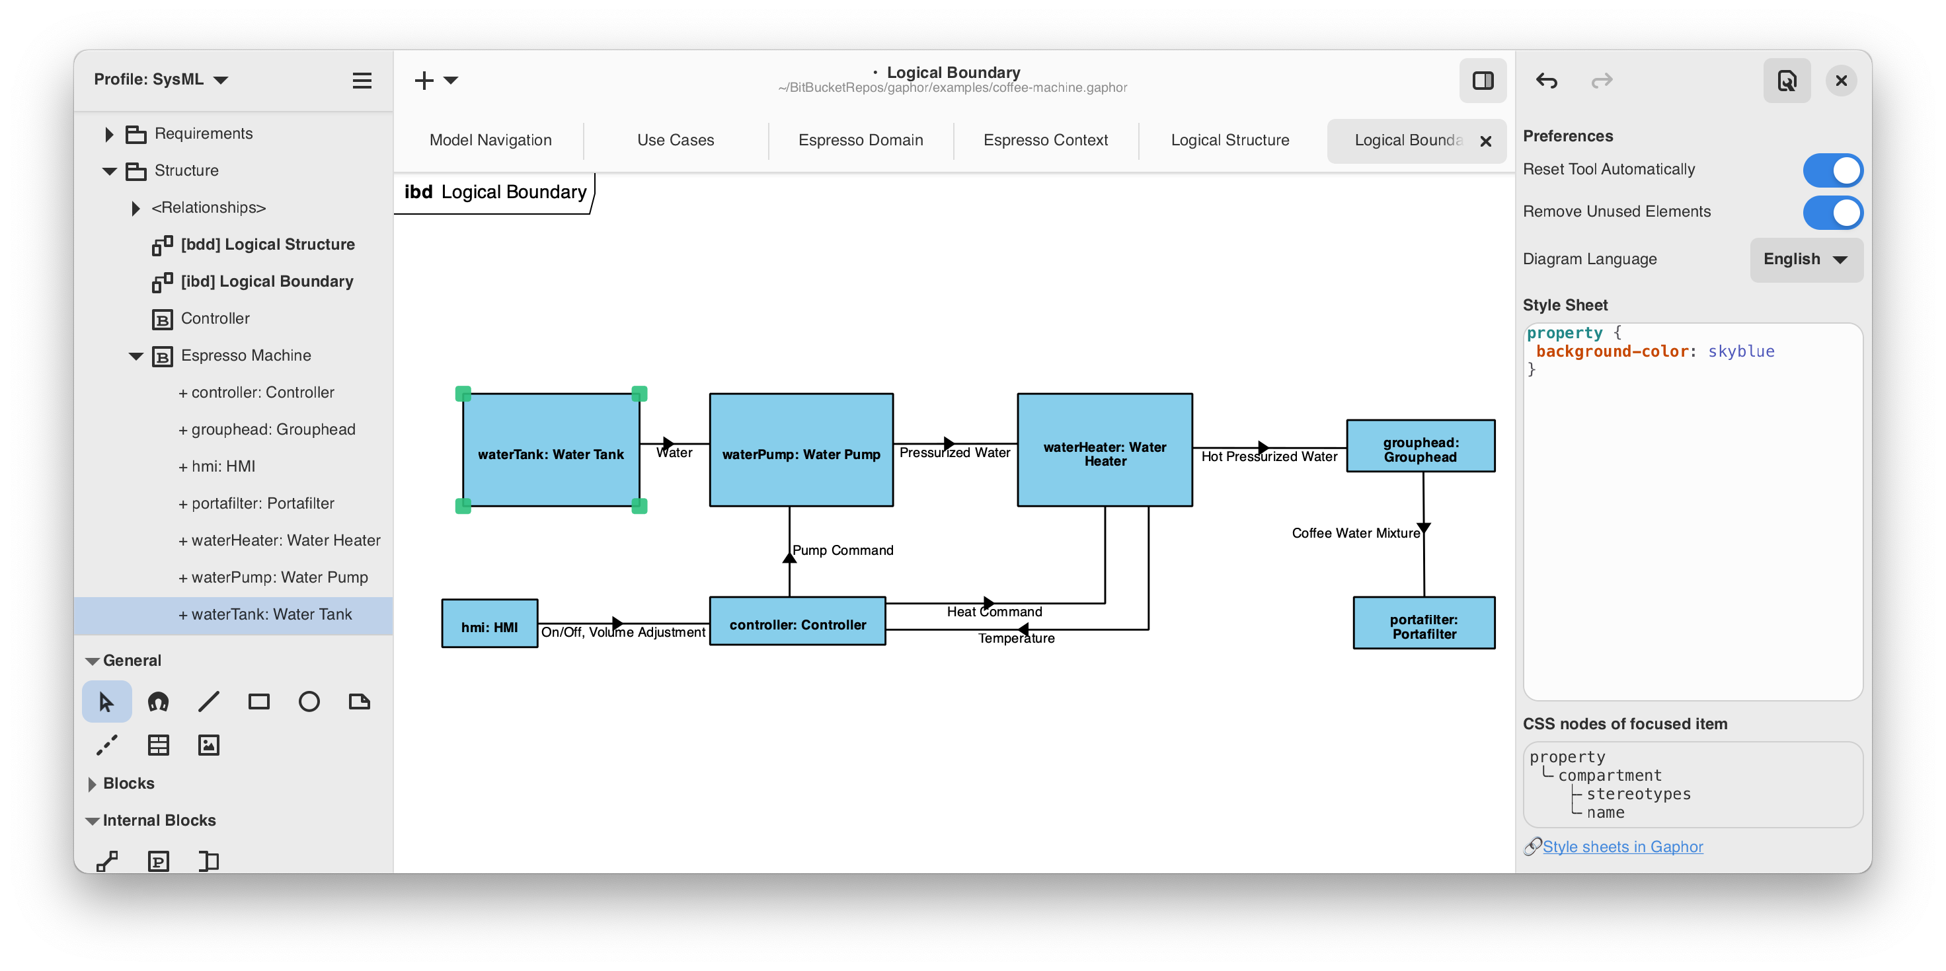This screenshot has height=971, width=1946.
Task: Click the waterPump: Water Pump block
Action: tap(800, 449)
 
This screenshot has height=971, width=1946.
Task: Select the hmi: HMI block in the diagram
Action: tap(490, 624)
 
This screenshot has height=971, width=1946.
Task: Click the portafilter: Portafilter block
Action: tap(1423, 623)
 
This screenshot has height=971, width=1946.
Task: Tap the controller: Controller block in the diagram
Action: tap(797, 622)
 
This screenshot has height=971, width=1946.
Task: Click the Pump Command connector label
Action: tap(842, 550)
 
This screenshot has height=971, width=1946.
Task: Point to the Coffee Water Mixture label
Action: tap(1355, 533)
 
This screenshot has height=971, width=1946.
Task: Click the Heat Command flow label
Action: tap(994, 612)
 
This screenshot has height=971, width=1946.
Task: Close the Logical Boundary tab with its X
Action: tap(1485, 141)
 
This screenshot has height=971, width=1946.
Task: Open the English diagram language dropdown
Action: tap(1805, 259)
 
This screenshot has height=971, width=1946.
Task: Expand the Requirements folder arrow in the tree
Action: tap(109, 134)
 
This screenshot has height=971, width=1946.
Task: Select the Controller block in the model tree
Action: tap(215, 318)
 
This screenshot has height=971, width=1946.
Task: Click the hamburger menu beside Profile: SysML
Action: tap(362, 80)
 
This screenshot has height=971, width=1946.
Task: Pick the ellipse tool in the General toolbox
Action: tap(309, 701)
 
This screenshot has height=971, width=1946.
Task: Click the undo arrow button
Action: tap(1545, 80)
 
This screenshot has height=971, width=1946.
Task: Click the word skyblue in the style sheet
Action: tap(1740, 351)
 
